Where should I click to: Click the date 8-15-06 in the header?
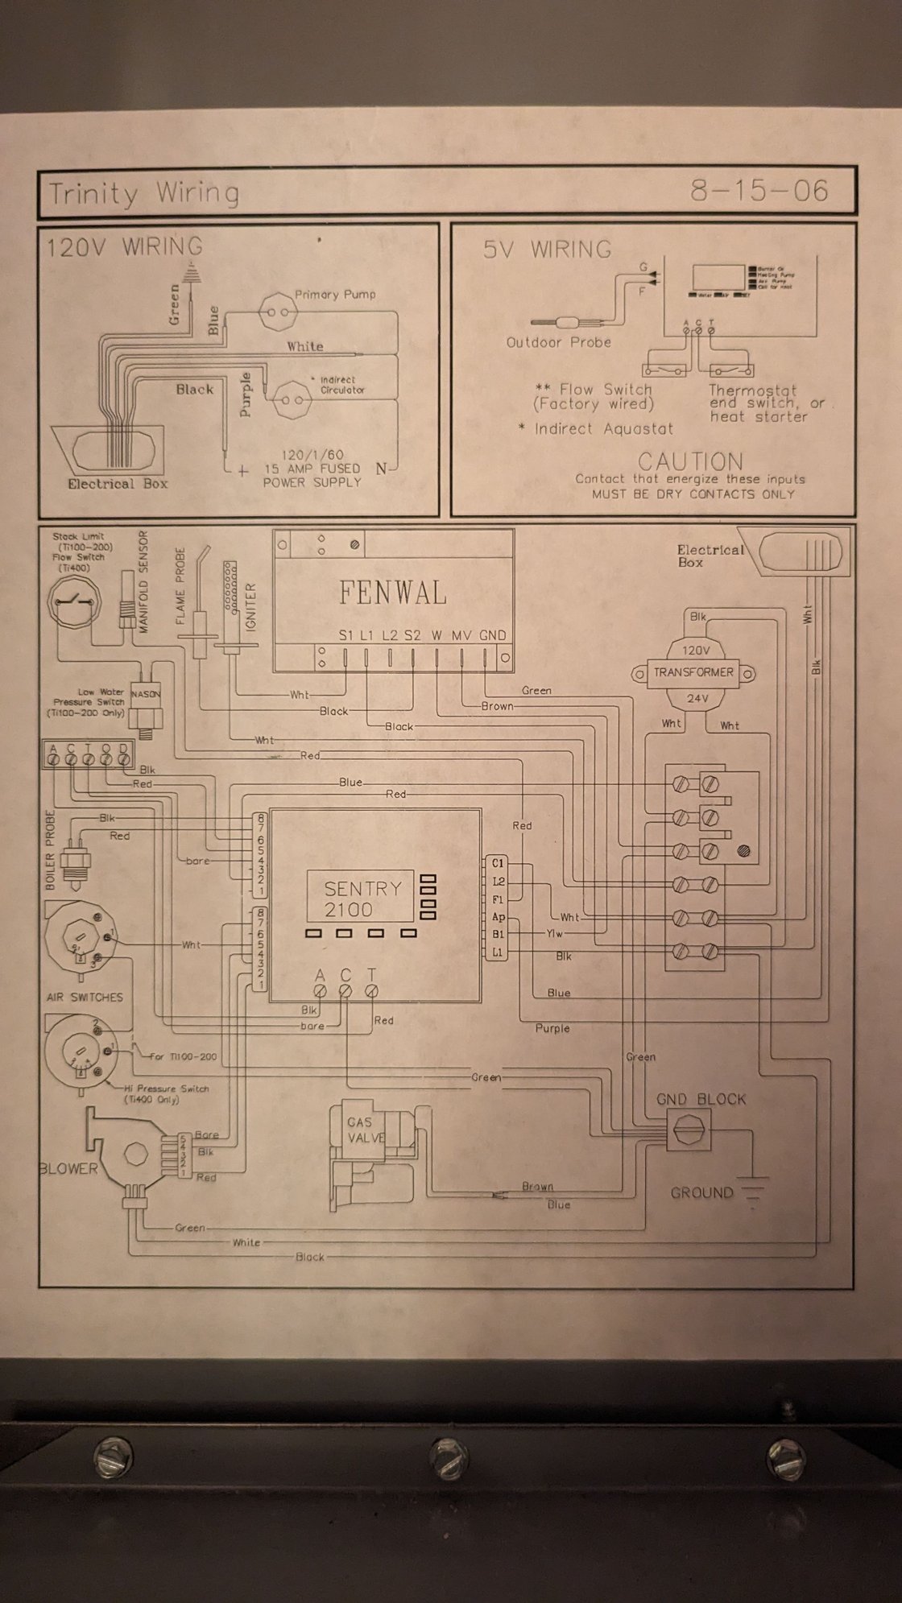click(x=759, y=191)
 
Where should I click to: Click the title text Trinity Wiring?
click(x=144, y=193)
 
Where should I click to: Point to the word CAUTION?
click(x=690, y=462)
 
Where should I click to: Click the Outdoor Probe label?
click(x=558, y=342)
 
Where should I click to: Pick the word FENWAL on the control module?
click(x=392, y=593)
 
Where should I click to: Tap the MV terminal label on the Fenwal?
click(x=461, y=635)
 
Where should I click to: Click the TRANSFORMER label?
click(x=693, y=672)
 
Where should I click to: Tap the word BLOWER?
click(x=69, y=1168)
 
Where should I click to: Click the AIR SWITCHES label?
click(x=85, y=997)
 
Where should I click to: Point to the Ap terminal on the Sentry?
click(x=498, y=917)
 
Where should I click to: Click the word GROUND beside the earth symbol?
click(x=701, y=1192)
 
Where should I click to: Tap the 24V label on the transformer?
click(x=697, y=698)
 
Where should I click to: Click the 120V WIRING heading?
click(x=124, y=246)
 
